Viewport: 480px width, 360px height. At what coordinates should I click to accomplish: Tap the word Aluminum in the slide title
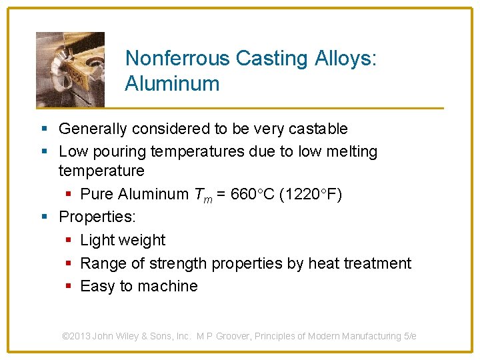172,84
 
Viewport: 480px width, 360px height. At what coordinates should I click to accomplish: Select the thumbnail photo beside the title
70,69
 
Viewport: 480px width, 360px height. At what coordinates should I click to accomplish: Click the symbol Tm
201,195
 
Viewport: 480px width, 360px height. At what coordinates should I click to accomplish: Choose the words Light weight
123,240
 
